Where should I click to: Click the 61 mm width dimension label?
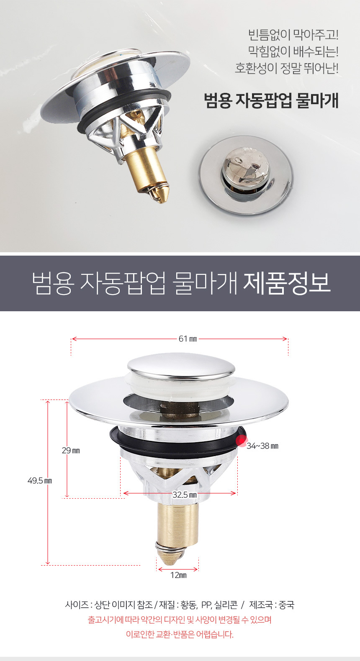[188, 339]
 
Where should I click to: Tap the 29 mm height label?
[71, 450]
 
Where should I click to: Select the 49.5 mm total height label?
[40, 481]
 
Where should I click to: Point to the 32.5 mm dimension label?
[185, 494]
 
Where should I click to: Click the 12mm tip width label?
[178, 575]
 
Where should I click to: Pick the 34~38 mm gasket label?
[262, 446]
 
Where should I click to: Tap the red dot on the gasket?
[242, 441]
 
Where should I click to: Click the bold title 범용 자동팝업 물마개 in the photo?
[271, 101]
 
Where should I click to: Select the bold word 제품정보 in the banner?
[286, 284]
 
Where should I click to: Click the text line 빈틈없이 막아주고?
[293, 35]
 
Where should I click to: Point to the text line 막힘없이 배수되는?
[293, 51]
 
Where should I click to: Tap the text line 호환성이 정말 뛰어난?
[286, 68]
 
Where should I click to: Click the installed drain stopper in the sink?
[246, 175]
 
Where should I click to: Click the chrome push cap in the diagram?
[181, 367]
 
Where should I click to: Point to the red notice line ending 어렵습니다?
[180, 634]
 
